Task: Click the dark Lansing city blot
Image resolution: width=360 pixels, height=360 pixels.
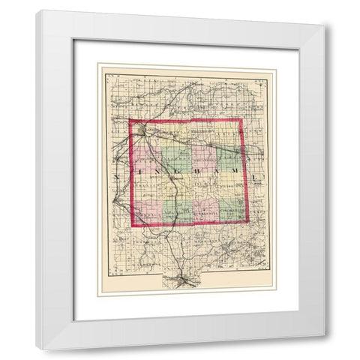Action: point(142,133)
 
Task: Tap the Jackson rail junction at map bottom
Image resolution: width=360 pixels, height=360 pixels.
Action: point(184,281)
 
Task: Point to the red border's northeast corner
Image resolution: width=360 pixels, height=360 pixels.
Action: point(241,119)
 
